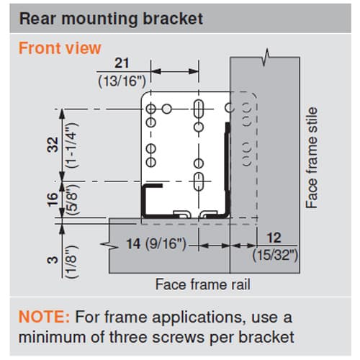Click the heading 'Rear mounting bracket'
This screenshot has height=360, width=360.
tap(111, 19)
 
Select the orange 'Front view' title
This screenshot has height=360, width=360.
tap(60, 48)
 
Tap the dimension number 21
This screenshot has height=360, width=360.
tap(122, 63)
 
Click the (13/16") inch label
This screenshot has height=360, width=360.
tap(122, 81)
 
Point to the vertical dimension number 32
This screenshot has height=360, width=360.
tap(53, 145)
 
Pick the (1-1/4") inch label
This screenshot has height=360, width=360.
tap(73, 145)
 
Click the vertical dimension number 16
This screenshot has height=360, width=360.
tap(53, 199)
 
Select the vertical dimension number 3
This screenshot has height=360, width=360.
tap(53, 260)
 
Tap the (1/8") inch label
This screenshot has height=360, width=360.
tap(73, 261)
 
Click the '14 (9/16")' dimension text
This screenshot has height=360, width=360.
tap(156, 243)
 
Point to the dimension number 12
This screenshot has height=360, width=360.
tap(274, 238)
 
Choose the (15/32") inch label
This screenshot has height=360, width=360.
tap(275, 255)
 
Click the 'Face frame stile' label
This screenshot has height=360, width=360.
tap(312, 158)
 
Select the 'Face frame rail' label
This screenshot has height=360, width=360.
tap(203, 284)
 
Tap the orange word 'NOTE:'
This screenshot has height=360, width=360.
tap(44, 317)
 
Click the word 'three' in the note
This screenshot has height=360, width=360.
tap(129, 337)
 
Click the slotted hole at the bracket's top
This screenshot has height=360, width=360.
tap(199, 109)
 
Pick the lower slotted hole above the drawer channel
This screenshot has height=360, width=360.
tap(199, 181)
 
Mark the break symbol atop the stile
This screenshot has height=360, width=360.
tap(266, 57)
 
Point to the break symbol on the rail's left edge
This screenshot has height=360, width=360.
tap(109, 246)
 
